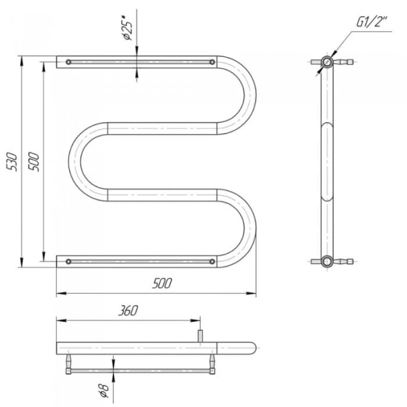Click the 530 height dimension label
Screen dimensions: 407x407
12,162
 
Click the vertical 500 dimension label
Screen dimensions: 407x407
34,161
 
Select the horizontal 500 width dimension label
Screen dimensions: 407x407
162,284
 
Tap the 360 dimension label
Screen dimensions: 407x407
128,311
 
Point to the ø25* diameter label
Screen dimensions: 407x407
128,28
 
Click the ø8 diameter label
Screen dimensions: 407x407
104,391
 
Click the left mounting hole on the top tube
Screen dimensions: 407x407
69,62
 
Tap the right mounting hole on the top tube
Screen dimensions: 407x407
212,62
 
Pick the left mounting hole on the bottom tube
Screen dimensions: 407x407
69,261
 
